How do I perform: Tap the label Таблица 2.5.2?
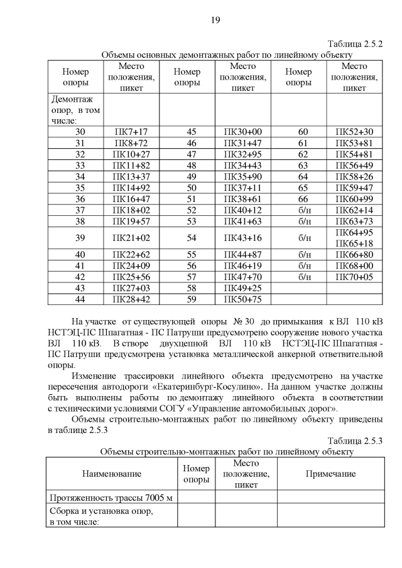pyautogui.click(x=355, y=44)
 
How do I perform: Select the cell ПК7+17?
pyautogui.click(x=131, y=132)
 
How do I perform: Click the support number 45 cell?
pyautogui.click(x=187, y=132)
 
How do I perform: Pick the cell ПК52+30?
pyautogui.click(x=354, y=132)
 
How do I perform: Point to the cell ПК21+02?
pyautogui.click(x=131, y=238)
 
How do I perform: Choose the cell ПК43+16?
pyautogui.click(x=242, y=238)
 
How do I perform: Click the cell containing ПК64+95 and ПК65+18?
pyautogui.click(x=354, y=238)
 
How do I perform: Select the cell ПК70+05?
pyautogui.click(x=354, y=277)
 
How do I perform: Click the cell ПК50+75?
pyautogui.click(x=242, y=299)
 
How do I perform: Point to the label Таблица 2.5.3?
pyautogui.click(x=355, y=441)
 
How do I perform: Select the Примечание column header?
pyautogui.click(x=330, y=474)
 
